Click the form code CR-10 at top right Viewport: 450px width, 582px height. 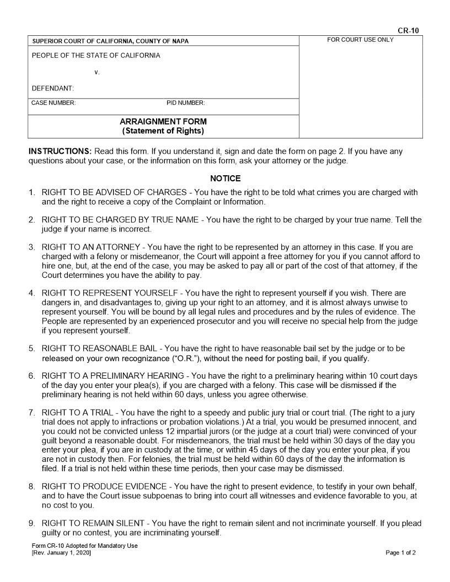click(x=411, y=30)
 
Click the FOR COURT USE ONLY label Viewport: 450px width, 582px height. click(x=360, y=40)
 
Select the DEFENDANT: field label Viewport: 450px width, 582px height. click(x=53, y=88)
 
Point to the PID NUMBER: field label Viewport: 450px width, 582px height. click(x=186, y=103)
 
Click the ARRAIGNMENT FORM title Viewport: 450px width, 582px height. click(x=163, y=121)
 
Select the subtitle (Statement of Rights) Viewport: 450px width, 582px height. click(x=163, y=131)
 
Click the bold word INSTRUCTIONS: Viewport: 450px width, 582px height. click(x=60, y=152)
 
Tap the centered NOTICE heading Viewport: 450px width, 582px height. click(x=225, y=179)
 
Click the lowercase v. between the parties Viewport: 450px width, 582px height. click(x=97, y=72)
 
